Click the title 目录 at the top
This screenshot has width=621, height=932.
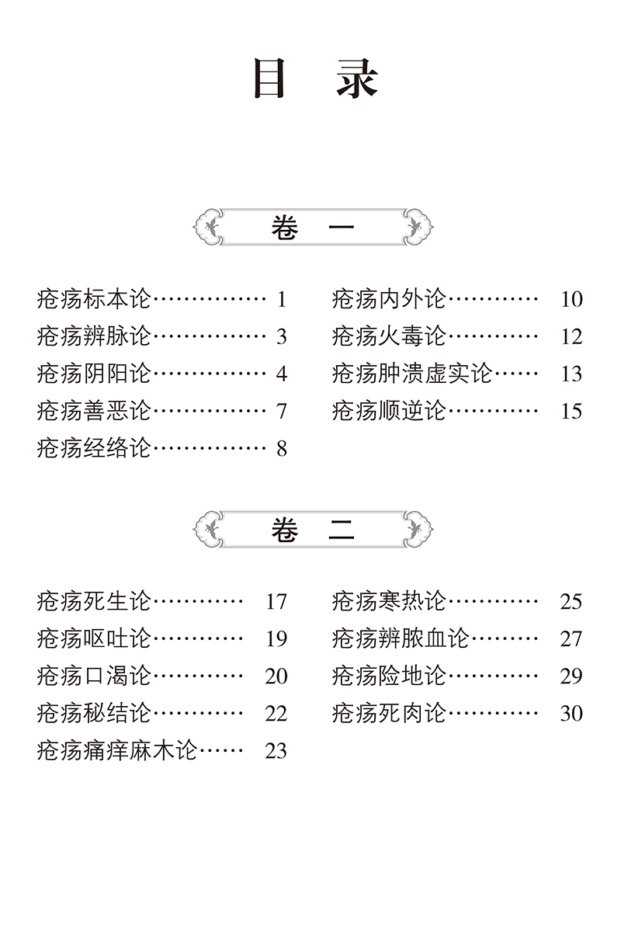[x=314, y=81]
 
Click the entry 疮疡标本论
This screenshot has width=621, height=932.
[x=94, y=299]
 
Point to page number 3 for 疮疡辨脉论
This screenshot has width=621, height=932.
[x=281, y=336]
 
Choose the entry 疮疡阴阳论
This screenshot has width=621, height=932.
[x=94, y=374]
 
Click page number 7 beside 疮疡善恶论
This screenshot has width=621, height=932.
[x=281, y=411]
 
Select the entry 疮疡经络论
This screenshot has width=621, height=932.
[x=94, y=448]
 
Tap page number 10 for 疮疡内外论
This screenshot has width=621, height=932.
[x=571, y=299]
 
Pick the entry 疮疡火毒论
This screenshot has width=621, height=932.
[x=389, y=336]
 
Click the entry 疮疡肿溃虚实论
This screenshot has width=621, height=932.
[x=412, y=374]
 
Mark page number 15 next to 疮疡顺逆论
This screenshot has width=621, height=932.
[x=571, y=411]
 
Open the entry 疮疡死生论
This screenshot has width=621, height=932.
[x=94, y=601]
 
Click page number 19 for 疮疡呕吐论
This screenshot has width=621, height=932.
[x=276, y=638]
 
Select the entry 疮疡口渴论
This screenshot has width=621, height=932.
[x=94, y=676]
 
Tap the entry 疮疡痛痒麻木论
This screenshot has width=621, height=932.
[x=117, y=750]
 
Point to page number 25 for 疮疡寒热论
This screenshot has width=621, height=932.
[x=571, y=601]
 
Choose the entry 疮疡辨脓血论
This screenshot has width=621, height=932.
[x=401, y=638]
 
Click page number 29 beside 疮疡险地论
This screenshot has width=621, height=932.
[x=571, y=676]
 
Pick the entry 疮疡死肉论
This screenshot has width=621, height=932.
[x=389, y=713]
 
